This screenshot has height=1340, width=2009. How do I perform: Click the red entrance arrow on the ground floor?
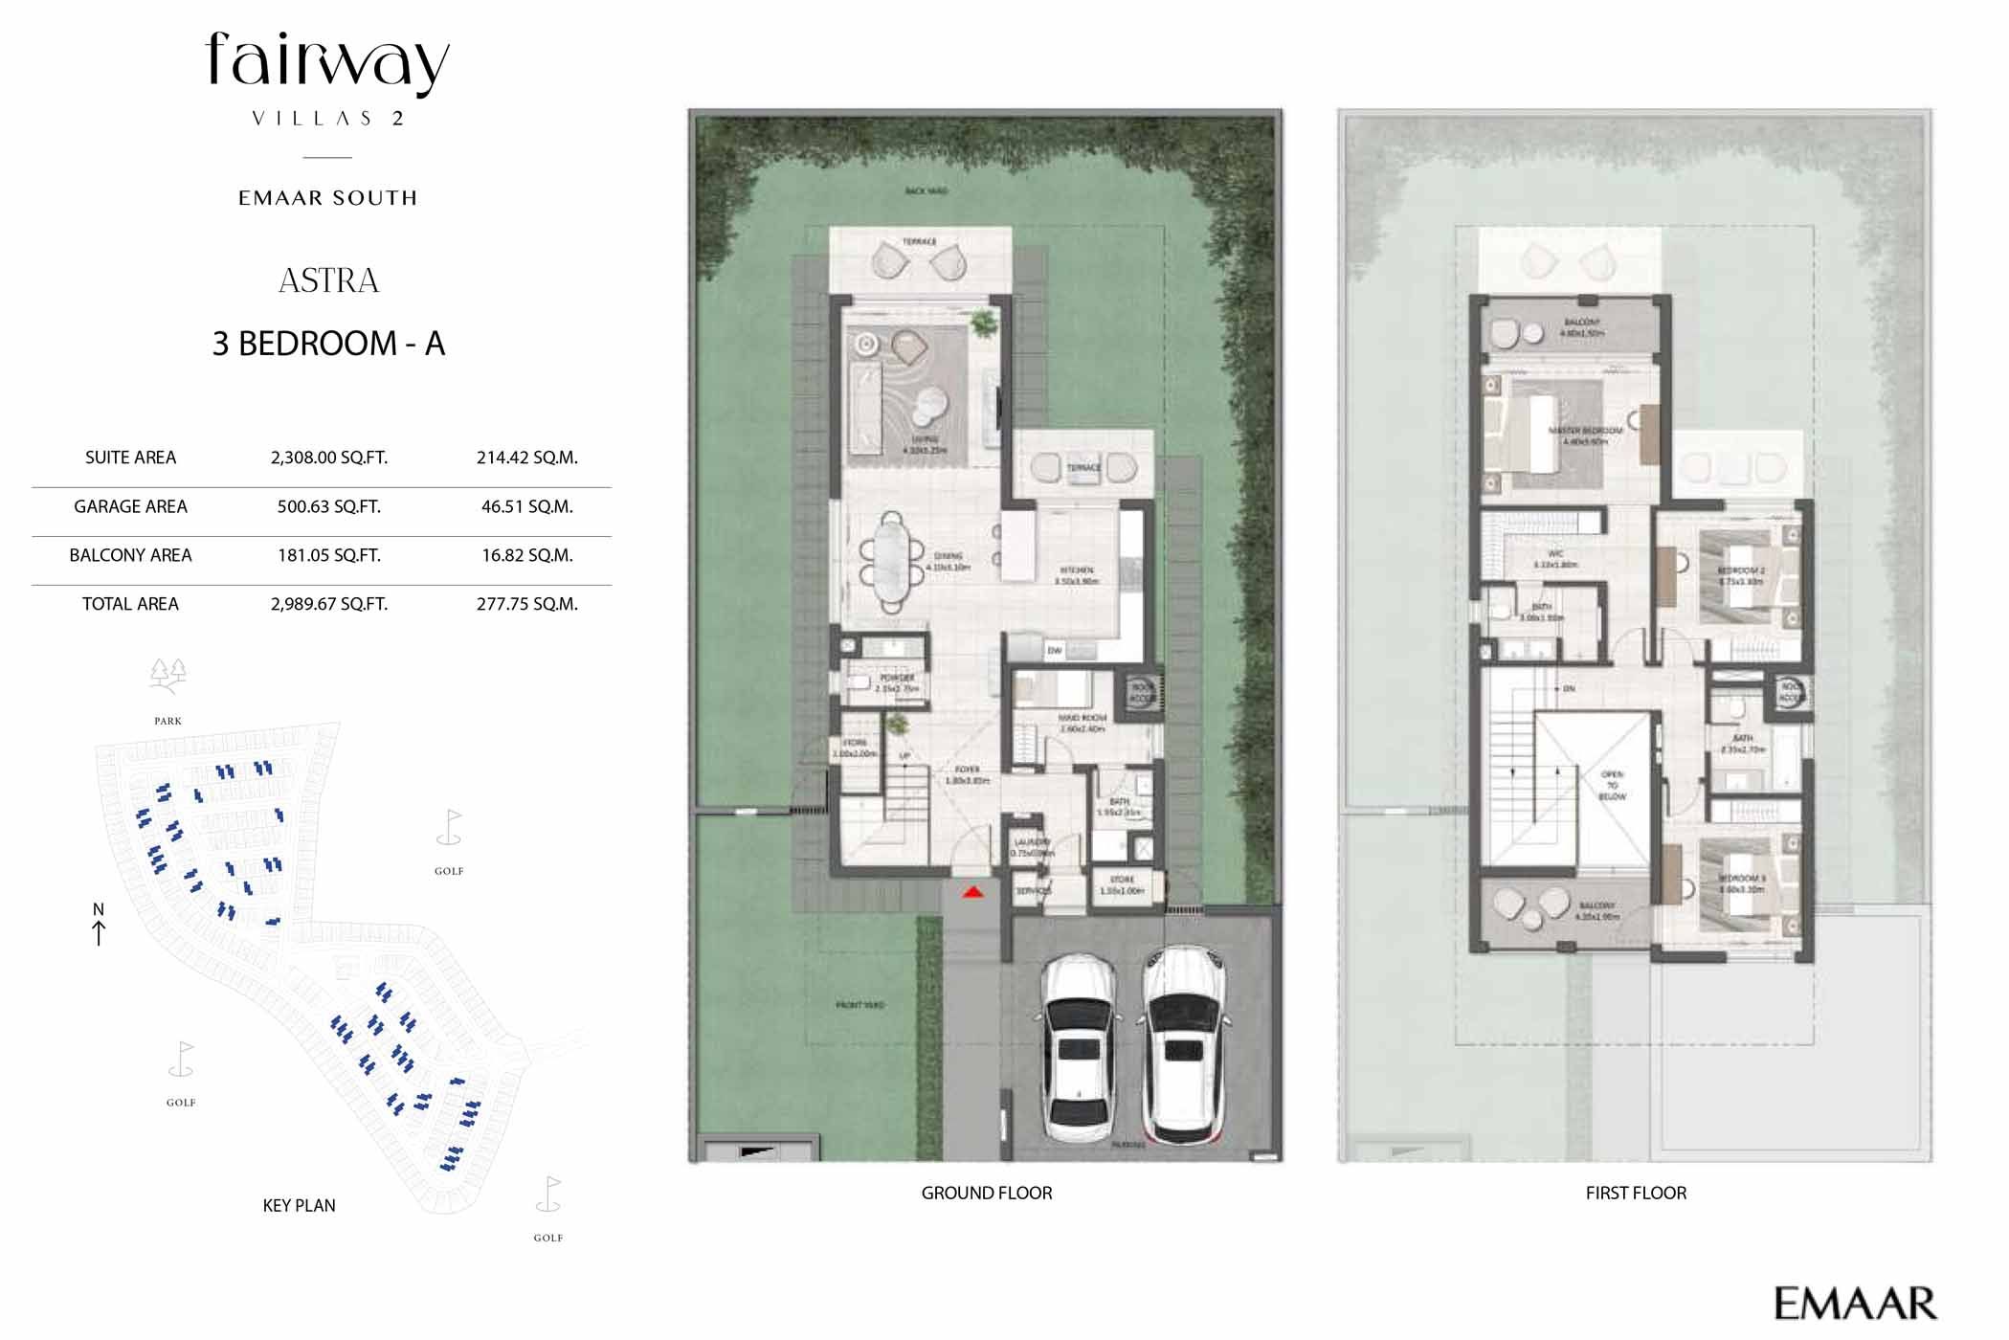[x=972, y=892]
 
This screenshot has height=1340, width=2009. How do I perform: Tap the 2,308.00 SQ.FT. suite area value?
[x=328, y=458]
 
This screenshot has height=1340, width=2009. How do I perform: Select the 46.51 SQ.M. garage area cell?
[x=526, y=506]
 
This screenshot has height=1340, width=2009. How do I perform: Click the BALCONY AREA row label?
[x=130, y=555]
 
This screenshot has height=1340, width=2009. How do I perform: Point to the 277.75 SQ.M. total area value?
[x=526, y=604]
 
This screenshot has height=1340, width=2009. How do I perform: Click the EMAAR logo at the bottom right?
[x=1854, y=1304]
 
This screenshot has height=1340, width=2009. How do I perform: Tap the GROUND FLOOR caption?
[x=986, y=1194]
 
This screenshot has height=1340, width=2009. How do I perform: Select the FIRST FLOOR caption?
[x=1635, y=1194]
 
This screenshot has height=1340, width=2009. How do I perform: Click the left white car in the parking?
[x=1079, y=1047]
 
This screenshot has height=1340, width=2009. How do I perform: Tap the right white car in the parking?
[x=1184, y=1045]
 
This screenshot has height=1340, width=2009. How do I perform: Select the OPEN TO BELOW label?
[x=1612, y=785]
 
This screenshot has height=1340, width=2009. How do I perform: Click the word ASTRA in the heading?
[x=328, y=280]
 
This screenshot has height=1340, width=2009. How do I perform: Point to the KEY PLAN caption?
[x=299, y=1206]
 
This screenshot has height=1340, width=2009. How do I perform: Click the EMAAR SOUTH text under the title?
[x=328, y=198]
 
